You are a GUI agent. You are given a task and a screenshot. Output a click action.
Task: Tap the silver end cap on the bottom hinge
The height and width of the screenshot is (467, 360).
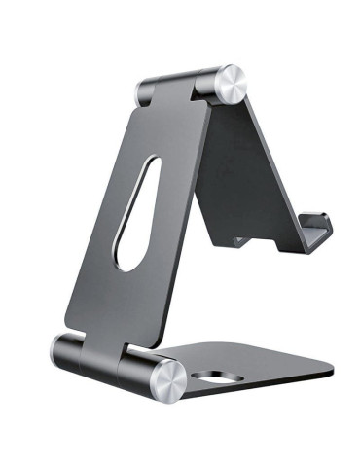168,380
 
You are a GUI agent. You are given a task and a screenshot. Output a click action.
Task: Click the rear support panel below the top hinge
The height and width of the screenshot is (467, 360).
241,165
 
